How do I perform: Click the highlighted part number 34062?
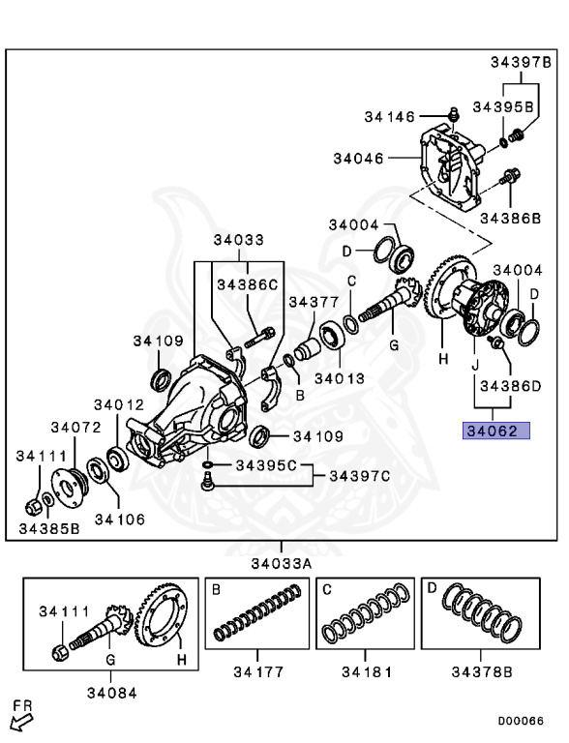pos(496,432)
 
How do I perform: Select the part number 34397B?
pos(519,63)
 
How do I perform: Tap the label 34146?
pos(389,117)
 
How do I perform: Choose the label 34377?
pos(315,302)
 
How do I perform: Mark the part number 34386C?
pos(247,284)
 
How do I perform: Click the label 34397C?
pos(359,475)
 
